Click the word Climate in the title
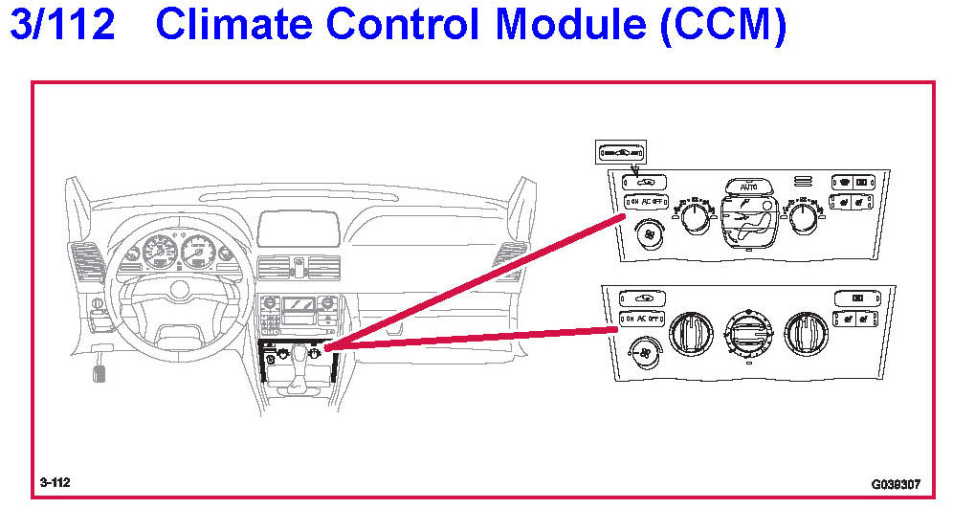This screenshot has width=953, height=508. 247,26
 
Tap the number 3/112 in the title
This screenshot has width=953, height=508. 62,26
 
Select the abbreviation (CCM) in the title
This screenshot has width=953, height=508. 722,26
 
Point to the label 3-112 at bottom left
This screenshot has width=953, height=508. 55,482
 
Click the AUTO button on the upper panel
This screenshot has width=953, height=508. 749,187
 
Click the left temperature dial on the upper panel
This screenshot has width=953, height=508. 695,216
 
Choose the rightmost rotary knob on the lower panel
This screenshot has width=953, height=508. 805,331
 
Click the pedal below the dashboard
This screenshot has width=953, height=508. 100,369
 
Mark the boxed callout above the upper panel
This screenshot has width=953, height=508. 621,150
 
